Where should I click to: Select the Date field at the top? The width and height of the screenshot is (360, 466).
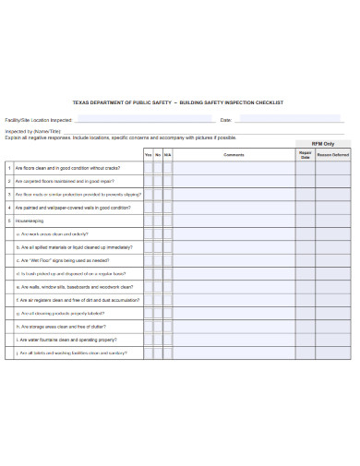coord(286,120)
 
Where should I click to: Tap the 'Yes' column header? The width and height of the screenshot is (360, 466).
coord(148,155)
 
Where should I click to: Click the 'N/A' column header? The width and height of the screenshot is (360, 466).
coord(168,155)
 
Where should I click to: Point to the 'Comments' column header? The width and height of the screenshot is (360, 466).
coord(234,155)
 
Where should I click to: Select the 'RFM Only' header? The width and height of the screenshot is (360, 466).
coord(323,144)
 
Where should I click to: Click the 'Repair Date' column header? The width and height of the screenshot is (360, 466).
coord(306,155)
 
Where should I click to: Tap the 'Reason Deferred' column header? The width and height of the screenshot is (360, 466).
coord(333,155)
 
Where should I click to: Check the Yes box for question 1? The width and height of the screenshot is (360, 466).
coord(148,168)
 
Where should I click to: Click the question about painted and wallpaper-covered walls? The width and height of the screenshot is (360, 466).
coord(69,208)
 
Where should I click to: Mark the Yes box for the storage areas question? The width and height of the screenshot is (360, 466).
coord(148,328)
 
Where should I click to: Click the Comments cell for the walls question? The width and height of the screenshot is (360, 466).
coord(234,288)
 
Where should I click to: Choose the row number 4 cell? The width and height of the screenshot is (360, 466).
coord(8,208)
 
